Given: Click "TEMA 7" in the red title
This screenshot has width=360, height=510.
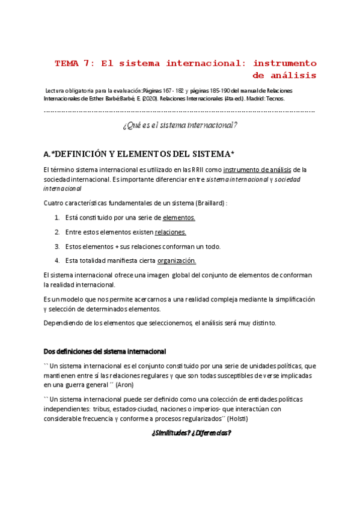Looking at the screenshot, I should (x=73, y=63).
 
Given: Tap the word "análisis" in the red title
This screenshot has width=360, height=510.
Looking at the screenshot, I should (x=291, y=75).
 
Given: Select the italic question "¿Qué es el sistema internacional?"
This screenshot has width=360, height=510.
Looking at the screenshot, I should (x=180, y=125).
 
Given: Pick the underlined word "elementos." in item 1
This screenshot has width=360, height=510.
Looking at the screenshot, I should (x=179, y=218).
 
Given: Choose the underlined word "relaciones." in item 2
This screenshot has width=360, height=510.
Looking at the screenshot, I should (x=171, y=232).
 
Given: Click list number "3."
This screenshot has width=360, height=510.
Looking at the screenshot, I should (x=57, y=246).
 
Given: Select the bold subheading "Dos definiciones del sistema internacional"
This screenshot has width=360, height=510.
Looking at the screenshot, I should (x=105, y=351).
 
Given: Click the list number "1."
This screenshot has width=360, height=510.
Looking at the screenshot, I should (x=57, y=218).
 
